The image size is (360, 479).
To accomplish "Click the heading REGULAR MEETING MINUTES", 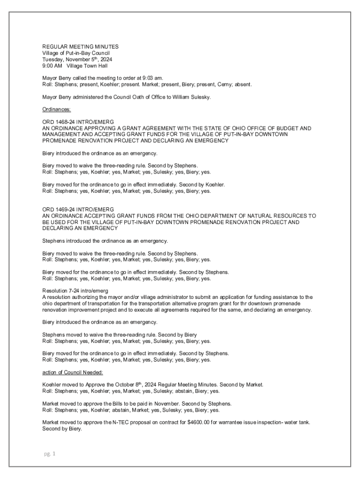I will pos(80,47).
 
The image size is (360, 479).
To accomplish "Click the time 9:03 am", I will pos(153,78).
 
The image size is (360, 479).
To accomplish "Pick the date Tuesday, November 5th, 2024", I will pos(77,60).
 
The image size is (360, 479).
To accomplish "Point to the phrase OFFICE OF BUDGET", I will pos(264,128).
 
